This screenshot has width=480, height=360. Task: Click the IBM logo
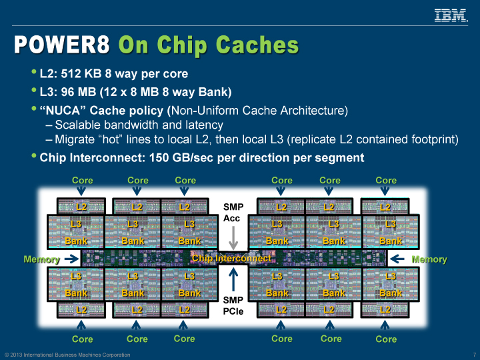pos(450,15)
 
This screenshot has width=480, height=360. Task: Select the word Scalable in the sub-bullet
pos(78,125)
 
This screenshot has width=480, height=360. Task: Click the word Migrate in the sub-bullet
pos(77,139)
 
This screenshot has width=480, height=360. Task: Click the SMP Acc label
pos(233,212)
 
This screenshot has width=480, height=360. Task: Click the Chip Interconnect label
pos(231,258)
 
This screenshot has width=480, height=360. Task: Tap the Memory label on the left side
pos(41,259)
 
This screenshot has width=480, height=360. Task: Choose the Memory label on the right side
pos(429,259)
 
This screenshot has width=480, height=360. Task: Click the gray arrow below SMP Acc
pos(233,236)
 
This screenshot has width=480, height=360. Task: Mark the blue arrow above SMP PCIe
pos(233,279)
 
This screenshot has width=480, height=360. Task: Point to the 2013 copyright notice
pos(67,355)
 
